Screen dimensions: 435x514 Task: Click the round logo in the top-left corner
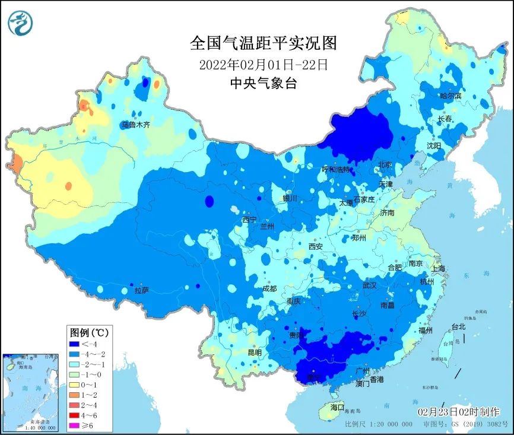20,22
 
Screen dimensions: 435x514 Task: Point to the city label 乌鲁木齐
136,125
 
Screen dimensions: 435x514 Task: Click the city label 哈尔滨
450,96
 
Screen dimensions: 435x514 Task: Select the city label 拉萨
141,290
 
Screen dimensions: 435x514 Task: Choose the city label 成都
269,288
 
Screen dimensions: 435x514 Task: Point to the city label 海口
337,407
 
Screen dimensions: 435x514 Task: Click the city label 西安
316,246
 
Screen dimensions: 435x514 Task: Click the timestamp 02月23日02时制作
458,412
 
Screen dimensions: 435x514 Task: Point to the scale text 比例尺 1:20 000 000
378,425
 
